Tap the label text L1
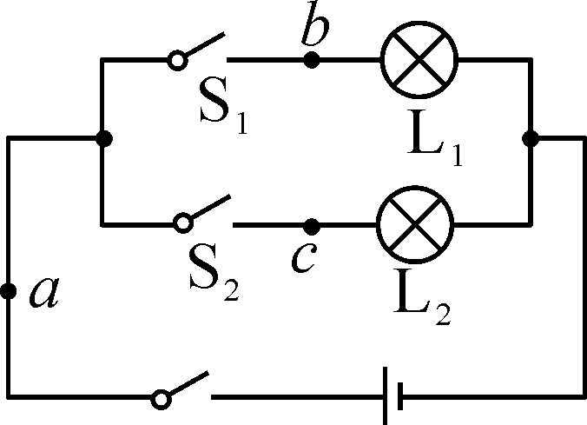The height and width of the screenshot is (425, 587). coord(439,143)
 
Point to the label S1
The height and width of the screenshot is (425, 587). coord(222,110)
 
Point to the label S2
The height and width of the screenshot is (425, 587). coord(218,274)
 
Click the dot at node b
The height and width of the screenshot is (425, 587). coord(312,60)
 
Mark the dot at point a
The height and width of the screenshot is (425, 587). coord(8,292)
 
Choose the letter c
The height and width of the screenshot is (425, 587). coord(301,259)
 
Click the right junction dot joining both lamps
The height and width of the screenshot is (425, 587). coord(531,137)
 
